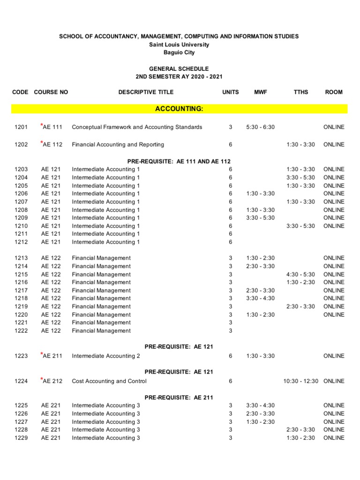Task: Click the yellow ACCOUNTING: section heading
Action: pyautogui.click(x=179, y=109)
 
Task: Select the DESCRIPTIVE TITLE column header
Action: pyautogui.click(x=146, y=92)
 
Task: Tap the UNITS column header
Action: pyautogui.click(x=230, y=92)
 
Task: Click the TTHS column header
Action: pyautogui.click(x=301, y=92)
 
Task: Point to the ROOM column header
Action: pyautogui.click(x=334, y=92)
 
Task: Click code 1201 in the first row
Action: pyautogui.click(x=21, y=127)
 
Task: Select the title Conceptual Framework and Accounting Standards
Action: pyautogui.click(x=137, y=127)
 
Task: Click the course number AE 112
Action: pyautogui.click(x=52, y=144)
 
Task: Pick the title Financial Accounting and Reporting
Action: pyautogui.click(x=118, y=144)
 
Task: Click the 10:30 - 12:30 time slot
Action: pyautogui.click(x=301, y=381)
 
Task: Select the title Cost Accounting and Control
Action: pyautogui.click(x=109, y=381)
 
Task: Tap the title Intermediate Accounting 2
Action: pyautogui.click(x=106, y=356)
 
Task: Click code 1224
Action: pyautogui.click(x=21, y=381)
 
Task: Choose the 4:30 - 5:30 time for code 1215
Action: pyautogui.click(x=301, y=274)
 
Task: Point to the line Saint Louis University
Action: pyautogui.click(x=179, y=45)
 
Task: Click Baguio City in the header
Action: pyautogui.click(x=179, y=52)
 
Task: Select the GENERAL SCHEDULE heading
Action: pyautogui.click(x=179, y=68)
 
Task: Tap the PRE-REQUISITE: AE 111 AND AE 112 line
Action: pyautogui.click(x=179, y=161)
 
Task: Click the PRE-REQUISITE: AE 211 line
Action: pyautogui.click(x=179, y=397)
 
